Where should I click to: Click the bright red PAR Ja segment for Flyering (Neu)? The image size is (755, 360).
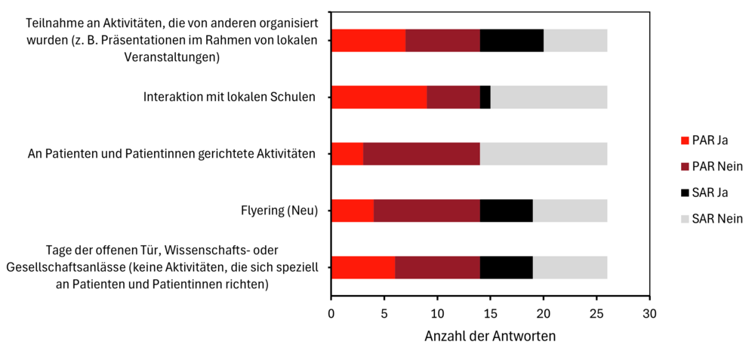click(353, 211)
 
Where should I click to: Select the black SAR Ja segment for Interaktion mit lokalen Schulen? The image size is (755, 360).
click(485, 97)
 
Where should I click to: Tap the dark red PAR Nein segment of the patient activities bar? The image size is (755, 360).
click(421, 154)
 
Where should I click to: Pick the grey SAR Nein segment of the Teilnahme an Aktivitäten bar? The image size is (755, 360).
click(575, 40)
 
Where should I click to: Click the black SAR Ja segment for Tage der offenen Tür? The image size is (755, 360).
click(507, 267)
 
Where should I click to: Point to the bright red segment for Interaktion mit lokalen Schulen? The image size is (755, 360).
click(379, 97)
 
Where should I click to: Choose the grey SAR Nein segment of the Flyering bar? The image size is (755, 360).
click(570, 211)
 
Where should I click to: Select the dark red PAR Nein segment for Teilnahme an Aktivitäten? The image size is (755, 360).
click(442, 40)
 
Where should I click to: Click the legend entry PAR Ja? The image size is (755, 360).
click(707, 140)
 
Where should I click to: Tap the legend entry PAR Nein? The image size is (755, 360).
click(710, 166)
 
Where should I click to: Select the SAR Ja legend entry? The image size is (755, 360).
click(707, 192)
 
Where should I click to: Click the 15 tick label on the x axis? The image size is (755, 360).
click(490, 312)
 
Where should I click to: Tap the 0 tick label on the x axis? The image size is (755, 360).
click(331, 312)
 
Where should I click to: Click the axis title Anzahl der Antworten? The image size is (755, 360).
click(490, 336)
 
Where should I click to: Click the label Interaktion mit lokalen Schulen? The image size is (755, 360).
click(229, 97)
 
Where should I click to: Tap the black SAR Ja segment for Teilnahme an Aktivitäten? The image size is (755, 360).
click(512, 40)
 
